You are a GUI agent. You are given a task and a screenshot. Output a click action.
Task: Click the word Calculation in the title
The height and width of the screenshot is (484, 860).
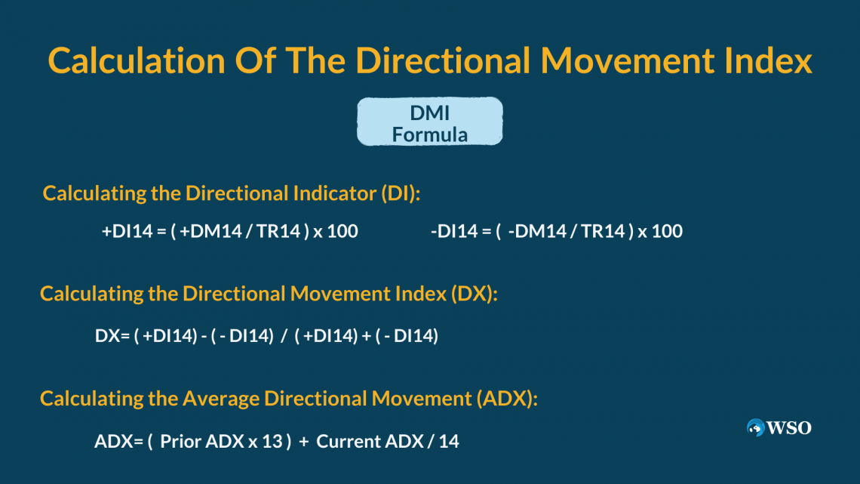point(137,60)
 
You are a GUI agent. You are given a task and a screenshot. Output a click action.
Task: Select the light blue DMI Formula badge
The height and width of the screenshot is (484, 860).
point(430,122)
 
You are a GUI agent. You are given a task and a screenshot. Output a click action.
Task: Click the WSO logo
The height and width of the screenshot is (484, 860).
point(779,427)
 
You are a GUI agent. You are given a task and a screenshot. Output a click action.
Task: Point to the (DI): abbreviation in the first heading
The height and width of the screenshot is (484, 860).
point(401,193)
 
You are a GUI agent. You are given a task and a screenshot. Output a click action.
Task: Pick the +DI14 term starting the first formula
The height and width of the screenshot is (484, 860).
point(127,231)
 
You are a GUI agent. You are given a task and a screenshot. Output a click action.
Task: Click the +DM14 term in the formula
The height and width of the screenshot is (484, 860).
point(210,231)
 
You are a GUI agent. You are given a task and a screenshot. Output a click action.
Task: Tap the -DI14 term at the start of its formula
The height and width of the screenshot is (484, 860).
point(454,231)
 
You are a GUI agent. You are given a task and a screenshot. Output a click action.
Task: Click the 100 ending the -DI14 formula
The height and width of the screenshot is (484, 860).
point(667,231)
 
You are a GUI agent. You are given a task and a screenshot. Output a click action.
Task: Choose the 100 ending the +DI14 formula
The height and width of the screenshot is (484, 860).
point(342,231)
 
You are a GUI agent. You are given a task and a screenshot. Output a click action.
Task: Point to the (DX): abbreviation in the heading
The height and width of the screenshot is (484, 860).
point(475,294)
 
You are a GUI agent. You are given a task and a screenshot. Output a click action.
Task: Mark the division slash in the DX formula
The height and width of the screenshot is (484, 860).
point(284,336)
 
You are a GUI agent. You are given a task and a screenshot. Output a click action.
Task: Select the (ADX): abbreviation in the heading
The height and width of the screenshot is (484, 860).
point(507,399)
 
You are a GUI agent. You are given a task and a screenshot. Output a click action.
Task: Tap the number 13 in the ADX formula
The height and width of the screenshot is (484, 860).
point(272,441)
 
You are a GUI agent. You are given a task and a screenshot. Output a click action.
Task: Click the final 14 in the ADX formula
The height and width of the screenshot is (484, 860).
point(449,441)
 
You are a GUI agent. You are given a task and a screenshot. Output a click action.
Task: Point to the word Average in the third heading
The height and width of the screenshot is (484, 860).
point(220,399)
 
